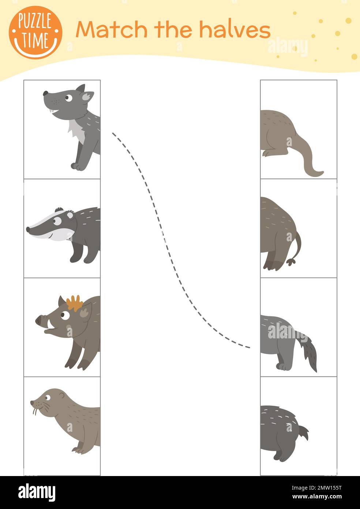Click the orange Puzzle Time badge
[x=35, y=33]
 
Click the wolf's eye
[x=68, y=98]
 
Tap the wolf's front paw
[x=77, y=166]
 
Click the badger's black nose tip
[x=28, y=230]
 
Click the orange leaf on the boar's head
[x=75, y=302]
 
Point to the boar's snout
[x=40, y=321]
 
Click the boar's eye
[x=65, y=315]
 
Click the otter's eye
[x=48, y=397]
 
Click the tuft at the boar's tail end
[x=291, y=262]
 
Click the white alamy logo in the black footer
[x=37, y=493]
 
